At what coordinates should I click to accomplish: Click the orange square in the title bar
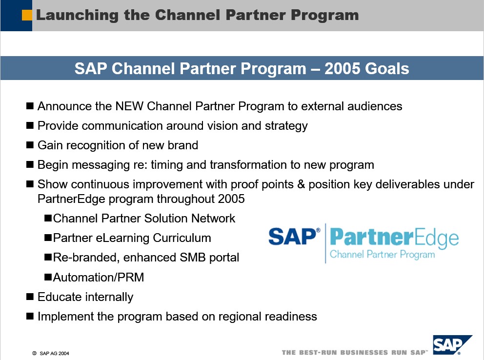pyautogui.click(x=27, y=15)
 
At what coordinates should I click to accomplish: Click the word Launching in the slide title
pyautogui.click(x=77, y=16)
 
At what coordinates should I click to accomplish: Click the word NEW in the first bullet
pyautogui.click(x=129, y=106)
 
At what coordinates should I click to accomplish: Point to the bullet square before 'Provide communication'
pyautogui.click(x=30, y=125)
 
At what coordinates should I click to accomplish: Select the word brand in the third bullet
pyautogui.click(x=183, y=145)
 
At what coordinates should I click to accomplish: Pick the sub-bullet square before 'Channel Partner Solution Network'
pyautogui.click(x=48, y=219)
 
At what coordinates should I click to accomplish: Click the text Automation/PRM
pyautogui.click(x=99, y=277)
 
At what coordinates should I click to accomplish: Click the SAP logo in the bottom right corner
pyautogui.click(x=452, y=345)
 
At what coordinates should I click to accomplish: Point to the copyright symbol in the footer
pyautogui.click(x=34, y=353)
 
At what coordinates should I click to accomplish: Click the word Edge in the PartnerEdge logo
pyautogui.click(x=436, y=238)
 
